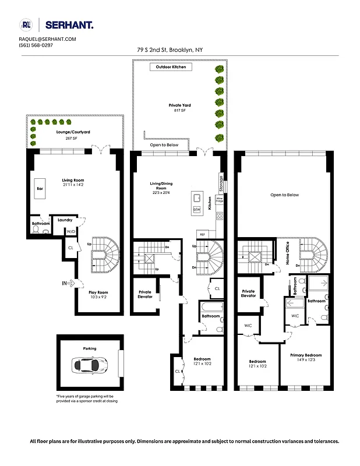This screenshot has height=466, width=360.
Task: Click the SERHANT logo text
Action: coord(68,24)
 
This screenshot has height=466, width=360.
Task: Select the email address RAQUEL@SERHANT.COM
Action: coord(48,39)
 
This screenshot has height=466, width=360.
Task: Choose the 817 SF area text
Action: coord(179,111)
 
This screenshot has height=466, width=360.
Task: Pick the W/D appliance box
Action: coord(71,231)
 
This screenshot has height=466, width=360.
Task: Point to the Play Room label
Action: coord(97,292)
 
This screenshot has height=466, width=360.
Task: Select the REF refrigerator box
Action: coord(203,234)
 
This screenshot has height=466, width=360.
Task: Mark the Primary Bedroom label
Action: coord(306,355)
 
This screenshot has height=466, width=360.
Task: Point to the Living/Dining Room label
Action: coord(158,186)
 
